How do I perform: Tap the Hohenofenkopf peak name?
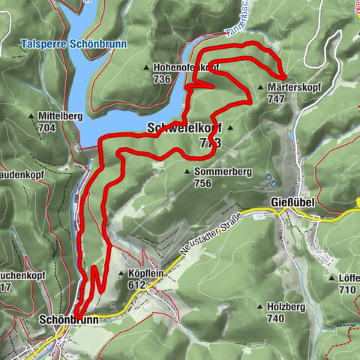pos(184,67)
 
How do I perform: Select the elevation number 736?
pos(161,79)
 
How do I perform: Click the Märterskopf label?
pos(294,87)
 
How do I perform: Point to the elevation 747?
pos(275,98)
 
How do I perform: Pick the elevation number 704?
pos(46,127)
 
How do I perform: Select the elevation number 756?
pos(202,183)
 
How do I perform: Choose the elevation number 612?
pos(136,285)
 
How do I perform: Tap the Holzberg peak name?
pos(285,307)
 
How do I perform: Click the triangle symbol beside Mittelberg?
pos(31,116)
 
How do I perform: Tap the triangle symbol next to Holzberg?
pos(259,307)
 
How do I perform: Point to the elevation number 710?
pos(346,289)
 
